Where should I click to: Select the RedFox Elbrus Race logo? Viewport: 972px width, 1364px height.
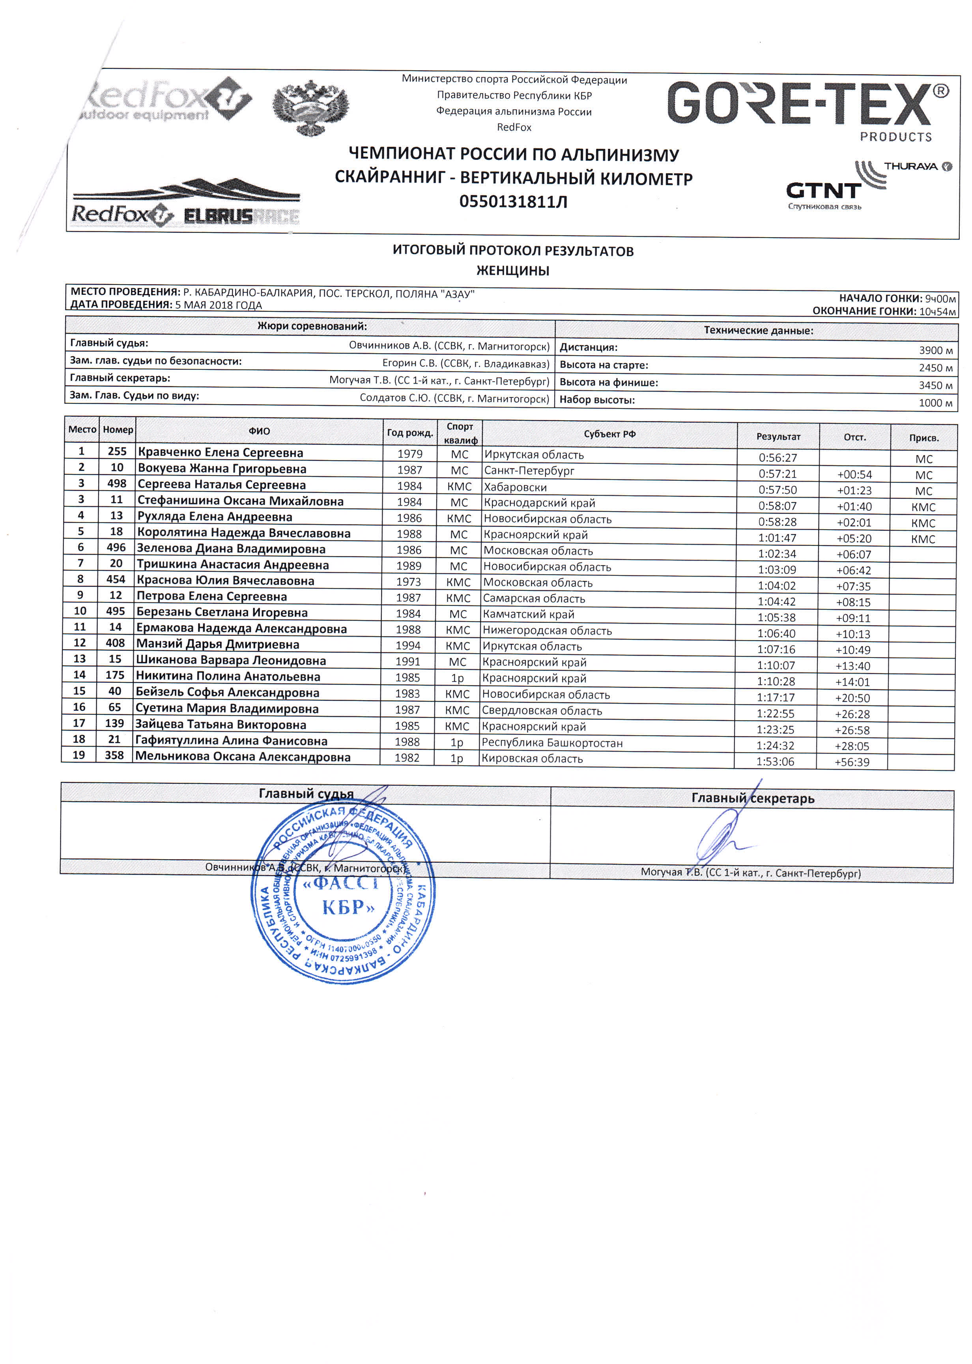click(x=185, y=204)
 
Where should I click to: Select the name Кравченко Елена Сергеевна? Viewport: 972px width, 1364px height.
click(x=220, y=453)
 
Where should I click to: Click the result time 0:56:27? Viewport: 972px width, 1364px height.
click(x=778, y=458)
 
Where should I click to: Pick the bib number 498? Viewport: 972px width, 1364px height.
click(x=117, y=483)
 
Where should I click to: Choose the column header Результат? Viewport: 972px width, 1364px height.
click(x=778, y=437)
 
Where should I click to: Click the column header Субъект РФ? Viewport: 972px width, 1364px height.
click(x=609, y=434)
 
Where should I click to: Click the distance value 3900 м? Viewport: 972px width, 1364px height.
click(x=935, y=350)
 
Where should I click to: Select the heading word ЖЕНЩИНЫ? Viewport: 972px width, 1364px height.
click(x=513, y=271)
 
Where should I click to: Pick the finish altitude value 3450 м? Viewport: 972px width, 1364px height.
click(x=935, y=386)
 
